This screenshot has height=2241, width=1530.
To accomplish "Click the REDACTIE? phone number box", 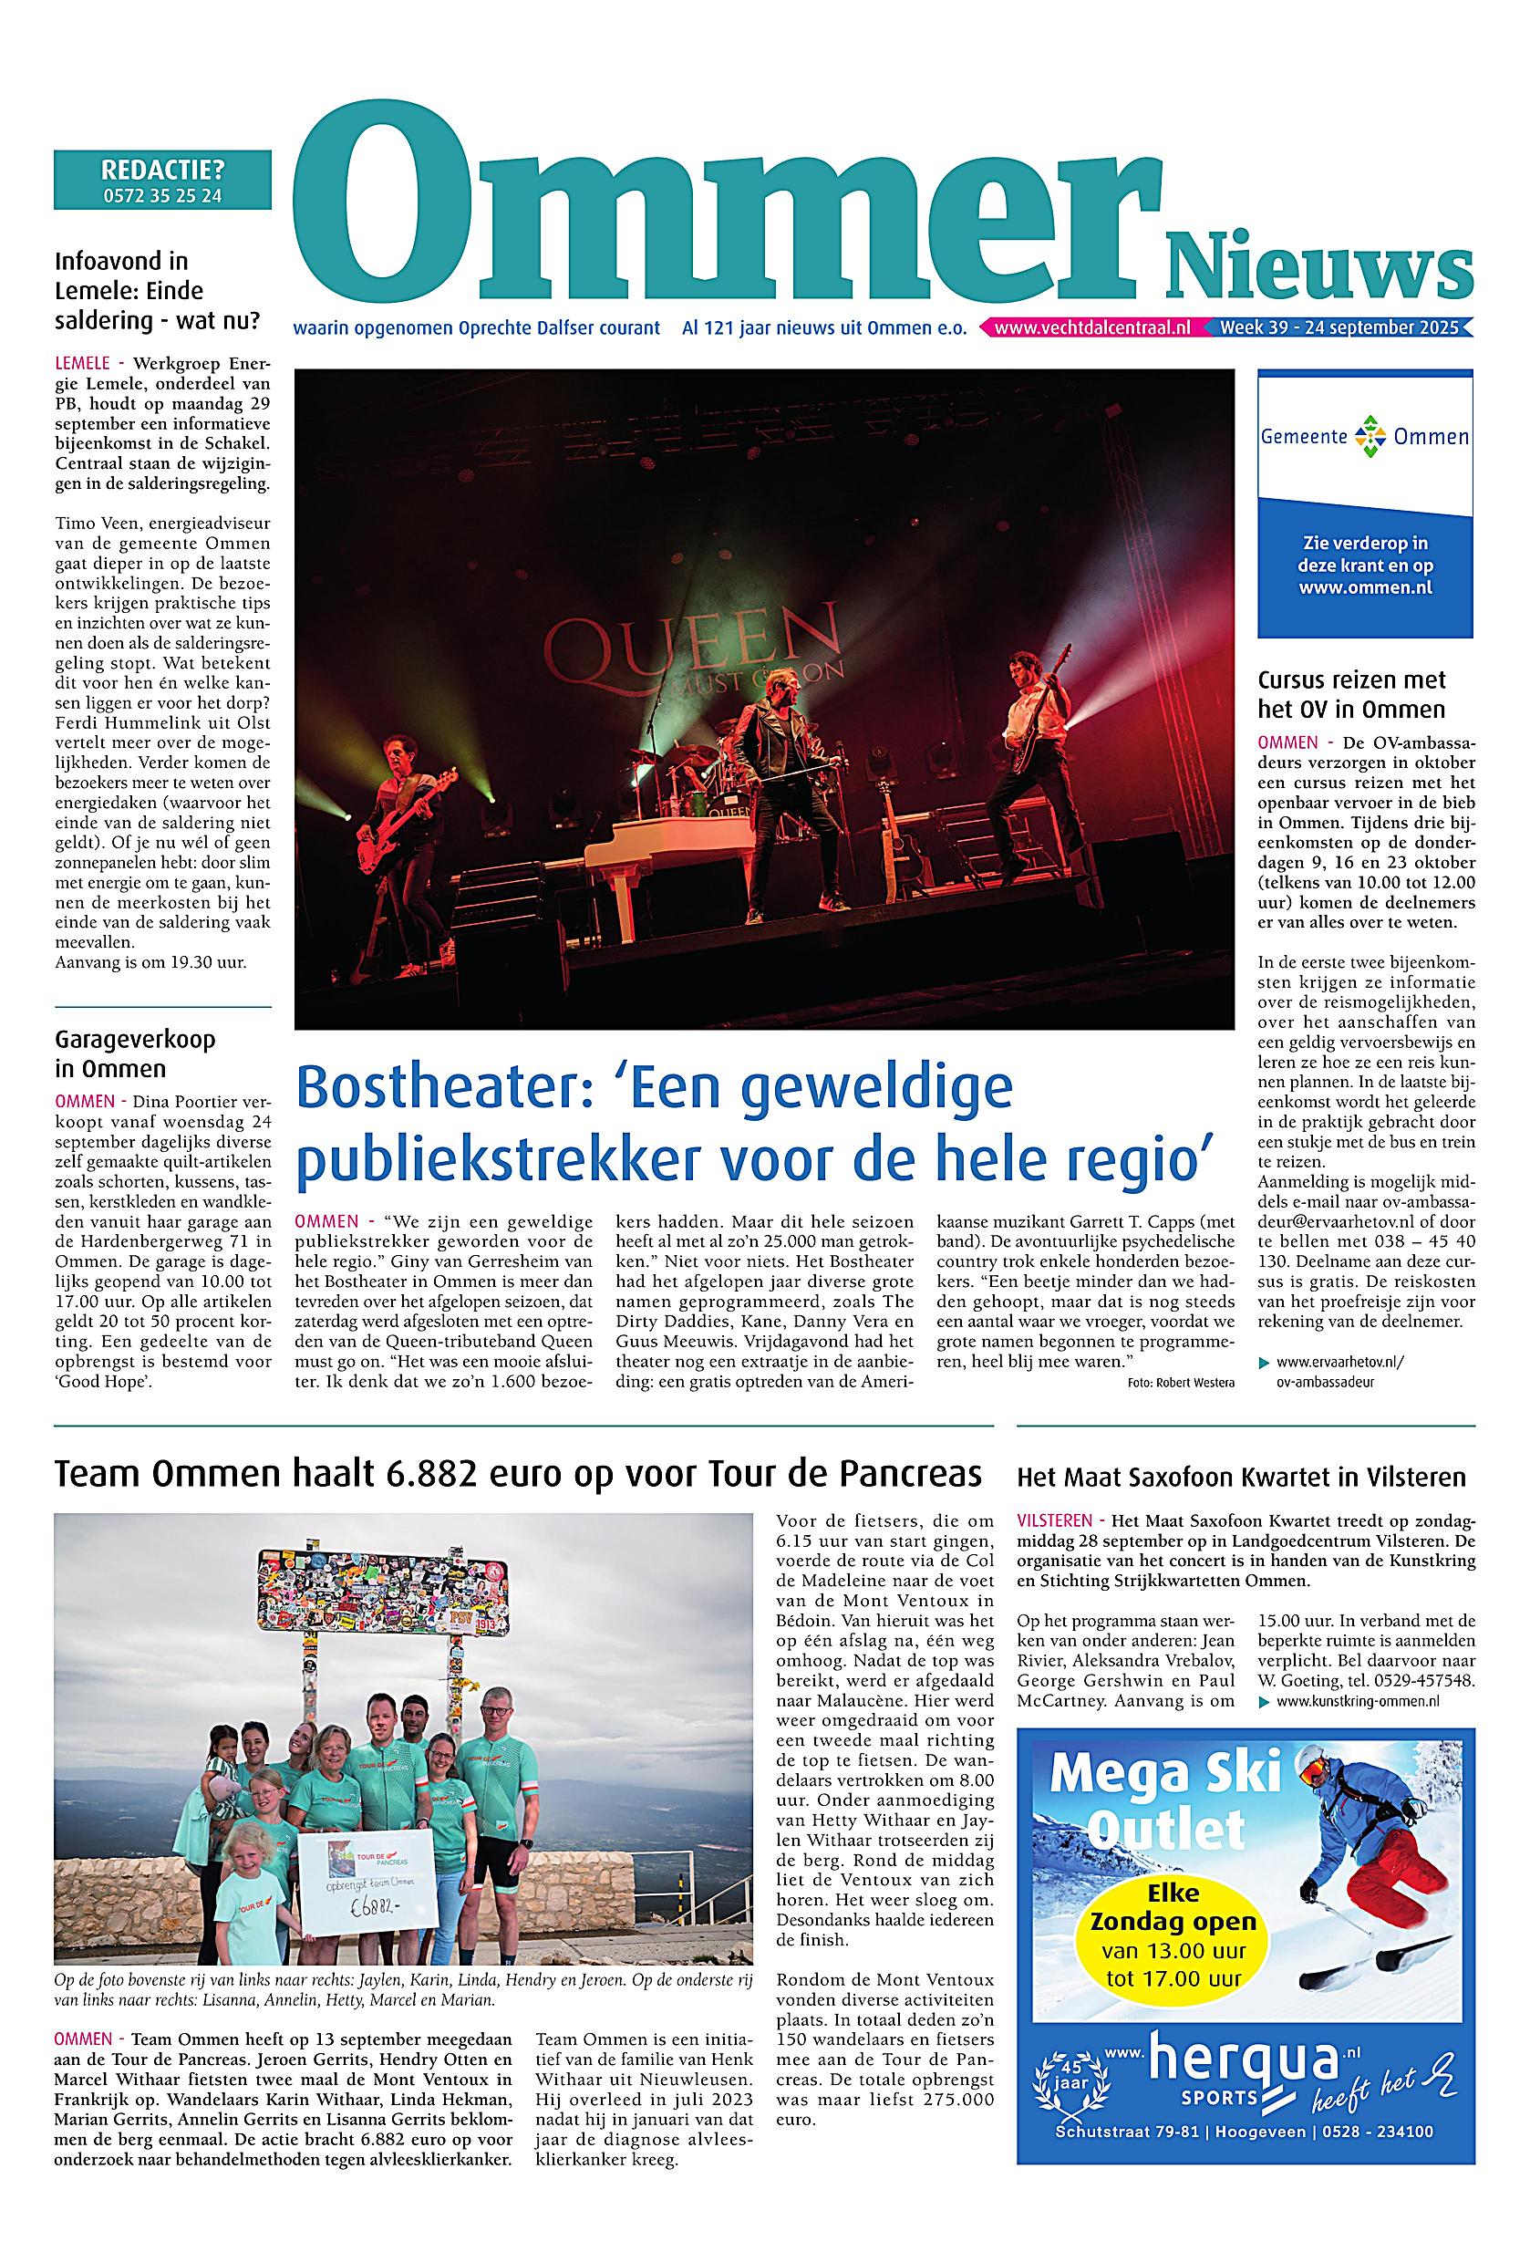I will coord(162,180).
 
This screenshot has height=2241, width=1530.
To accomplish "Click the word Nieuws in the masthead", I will coord(1318,267).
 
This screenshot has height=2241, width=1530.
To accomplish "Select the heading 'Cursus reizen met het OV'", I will coord(1350,694).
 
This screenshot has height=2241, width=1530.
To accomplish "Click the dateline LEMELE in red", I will coord(83,364).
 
